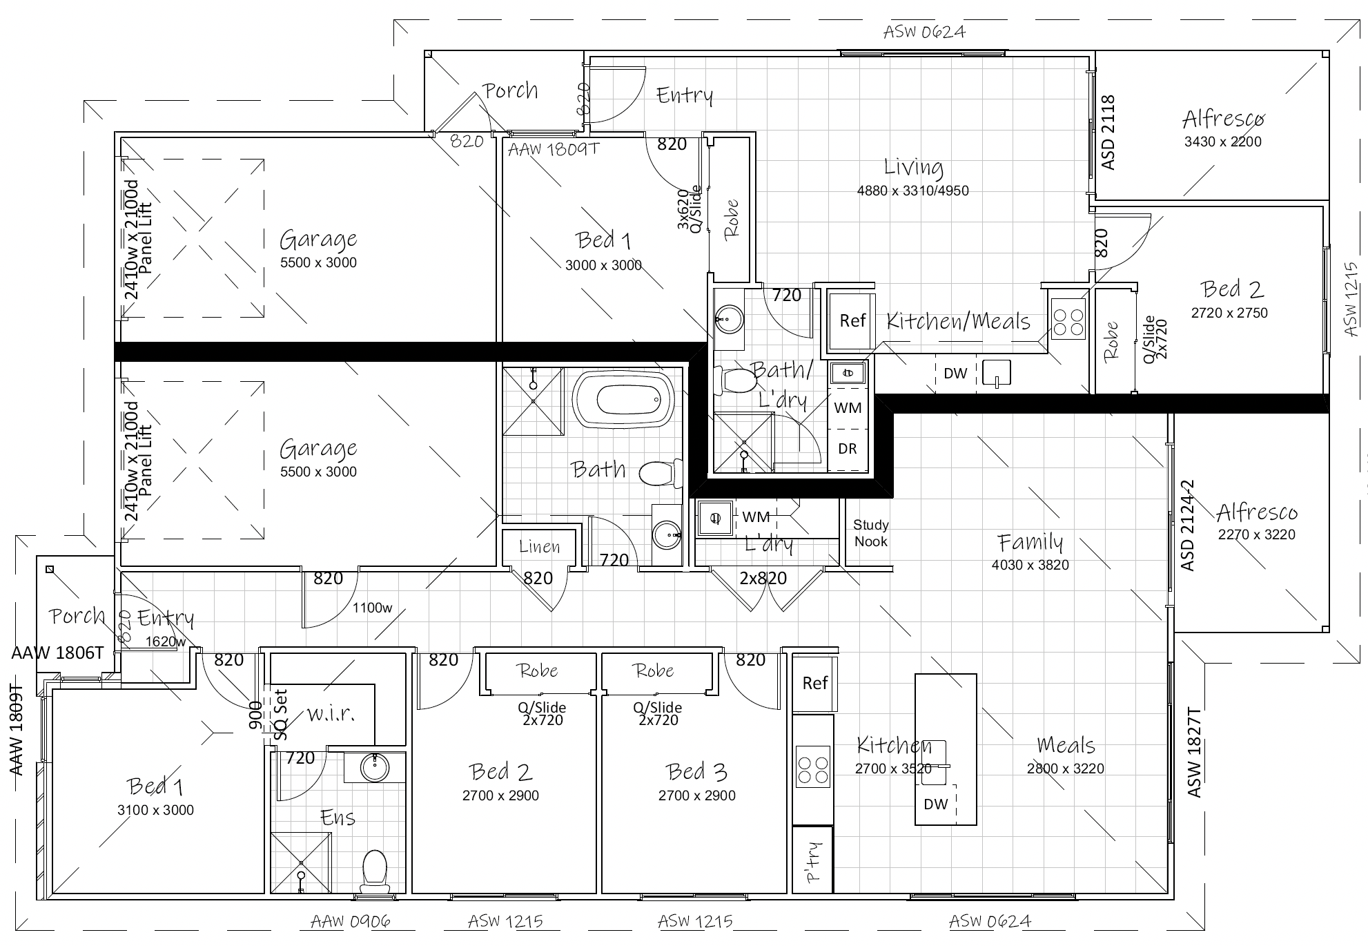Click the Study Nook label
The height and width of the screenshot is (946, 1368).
tap(871, 533)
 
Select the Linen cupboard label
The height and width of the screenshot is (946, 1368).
tap(540, 547)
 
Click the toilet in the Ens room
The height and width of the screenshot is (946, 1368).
tap(375, 869)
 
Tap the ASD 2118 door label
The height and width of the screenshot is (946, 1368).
tap(1108, 132)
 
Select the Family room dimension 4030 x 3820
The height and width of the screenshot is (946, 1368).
tap(1030, 565)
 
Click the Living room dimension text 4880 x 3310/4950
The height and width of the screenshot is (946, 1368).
tap(912, 191)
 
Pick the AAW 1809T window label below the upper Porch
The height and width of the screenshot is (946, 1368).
tap(554, 149)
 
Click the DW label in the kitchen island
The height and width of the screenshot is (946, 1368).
tap(936, 804)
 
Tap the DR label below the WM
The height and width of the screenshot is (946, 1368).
tap(848, 449)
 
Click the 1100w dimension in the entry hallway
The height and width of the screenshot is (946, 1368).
tap(372, 608)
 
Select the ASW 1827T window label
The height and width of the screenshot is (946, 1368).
tap(1194, 753)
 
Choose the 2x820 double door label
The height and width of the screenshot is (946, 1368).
tap(763, 578)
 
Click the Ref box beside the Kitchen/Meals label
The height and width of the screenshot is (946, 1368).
tap(852, 320)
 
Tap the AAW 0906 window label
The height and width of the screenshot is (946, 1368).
tap(351, 921)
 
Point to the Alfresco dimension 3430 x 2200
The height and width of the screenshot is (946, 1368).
tap(1222, 142)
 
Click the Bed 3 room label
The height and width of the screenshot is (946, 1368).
tap(696, 771)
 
